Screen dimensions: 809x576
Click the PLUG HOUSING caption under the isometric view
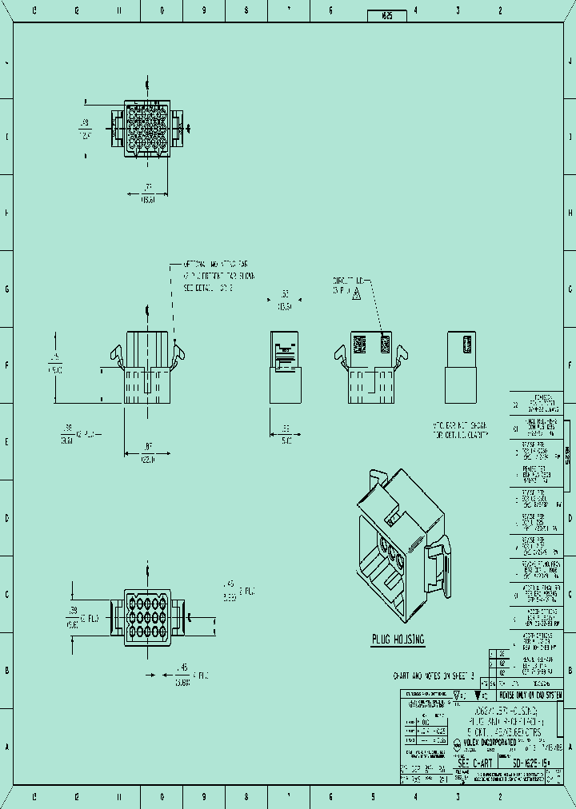(398, 640)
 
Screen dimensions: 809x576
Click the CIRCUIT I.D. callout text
(350, 286)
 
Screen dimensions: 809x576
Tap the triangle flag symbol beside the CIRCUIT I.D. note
(357, 295)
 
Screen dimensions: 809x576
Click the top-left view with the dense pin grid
(148, 128)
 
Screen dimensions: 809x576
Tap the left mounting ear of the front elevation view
(115, 356)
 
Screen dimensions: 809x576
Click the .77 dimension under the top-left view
(148, 194)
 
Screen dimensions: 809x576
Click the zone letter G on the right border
(570, 289)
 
